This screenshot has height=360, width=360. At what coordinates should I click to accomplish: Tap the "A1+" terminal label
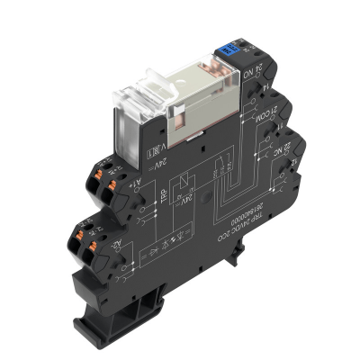coord(141,169)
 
